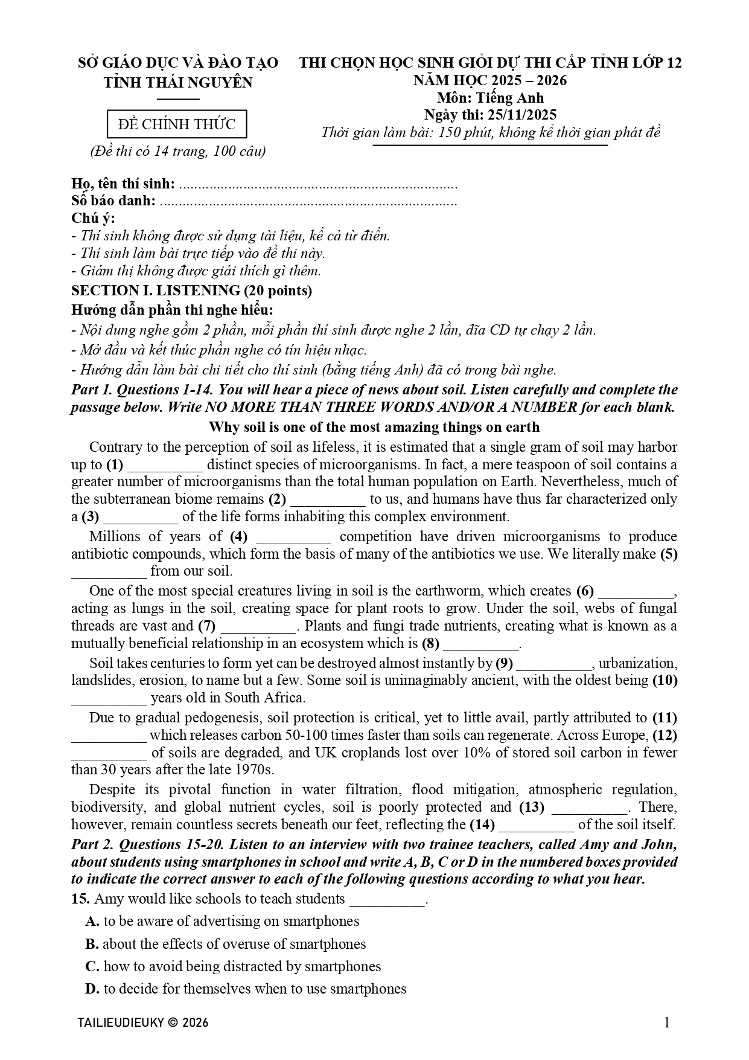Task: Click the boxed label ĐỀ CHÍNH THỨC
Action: tap(177, 125)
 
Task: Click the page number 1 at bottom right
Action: tap(666, 1023)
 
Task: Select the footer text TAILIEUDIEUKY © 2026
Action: tap(143, 1023)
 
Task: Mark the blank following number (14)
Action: tap(537, 826)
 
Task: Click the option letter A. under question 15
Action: tap(92, 922)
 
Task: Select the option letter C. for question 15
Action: tap(92, 966)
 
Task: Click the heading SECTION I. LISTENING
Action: tap(191, 291)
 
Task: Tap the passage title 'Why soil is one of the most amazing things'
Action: tap(374, 428)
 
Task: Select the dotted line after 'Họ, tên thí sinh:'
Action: tap(318, 184)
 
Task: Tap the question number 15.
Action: tap(80, 899)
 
